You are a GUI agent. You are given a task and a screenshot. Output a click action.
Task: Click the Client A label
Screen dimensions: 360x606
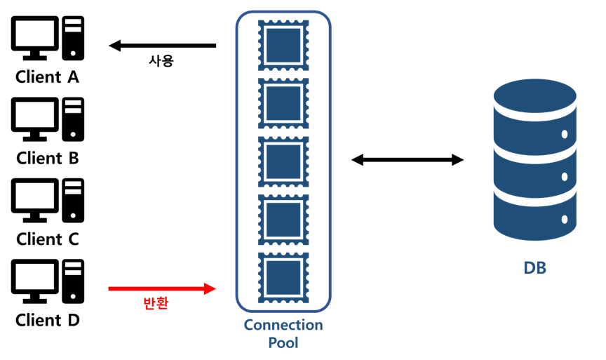point(47,77)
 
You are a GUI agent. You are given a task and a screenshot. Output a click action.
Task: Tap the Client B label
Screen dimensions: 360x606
point(47,158)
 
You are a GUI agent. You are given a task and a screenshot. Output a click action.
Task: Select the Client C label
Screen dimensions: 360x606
point(47,239)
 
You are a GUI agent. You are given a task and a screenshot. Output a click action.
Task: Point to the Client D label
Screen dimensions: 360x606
point(47,321)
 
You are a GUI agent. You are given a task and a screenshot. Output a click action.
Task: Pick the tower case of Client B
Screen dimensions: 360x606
point(73,119)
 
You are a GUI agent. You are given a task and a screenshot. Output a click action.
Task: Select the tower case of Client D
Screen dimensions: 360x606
point(73,281)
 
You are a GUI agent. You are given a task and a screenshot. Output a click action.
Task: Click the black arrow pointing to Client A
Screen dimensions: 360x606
point(162,46)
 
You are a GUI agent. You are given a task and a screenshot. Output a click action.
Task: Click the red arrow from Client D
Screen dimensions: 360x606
point(162,288)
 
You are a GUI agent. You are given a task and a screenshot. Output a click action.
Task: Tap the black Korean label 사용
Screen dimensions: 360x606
point(161,61)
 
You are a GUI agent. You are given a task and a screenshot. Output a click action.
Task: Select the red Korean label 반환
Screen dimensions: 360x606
point(155,304)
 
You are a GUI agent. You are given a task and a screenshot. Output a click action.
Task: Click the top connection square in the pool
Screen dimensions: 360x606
point(283,45)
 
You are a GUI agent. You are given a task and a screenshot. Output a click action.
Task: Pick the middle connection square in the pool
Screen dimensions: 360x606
point(283,161)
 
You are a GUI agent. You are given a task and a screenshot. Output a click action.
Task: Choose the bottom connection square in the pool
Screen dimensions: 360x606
point(283,278)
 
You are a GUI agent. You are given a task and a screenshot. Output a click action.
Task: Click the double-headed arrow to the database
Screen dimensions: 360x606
point(408,160)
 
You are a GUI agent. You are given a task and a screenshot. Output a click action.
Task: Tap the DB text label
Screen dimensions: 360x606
point(534,268)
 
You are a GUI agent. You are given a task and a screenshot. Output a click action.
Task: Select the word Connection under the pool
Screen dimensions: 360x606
point(283,325)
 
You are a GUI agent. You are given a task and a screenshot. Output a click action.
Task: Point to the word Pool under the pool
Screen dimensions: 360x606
point(283,343)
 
